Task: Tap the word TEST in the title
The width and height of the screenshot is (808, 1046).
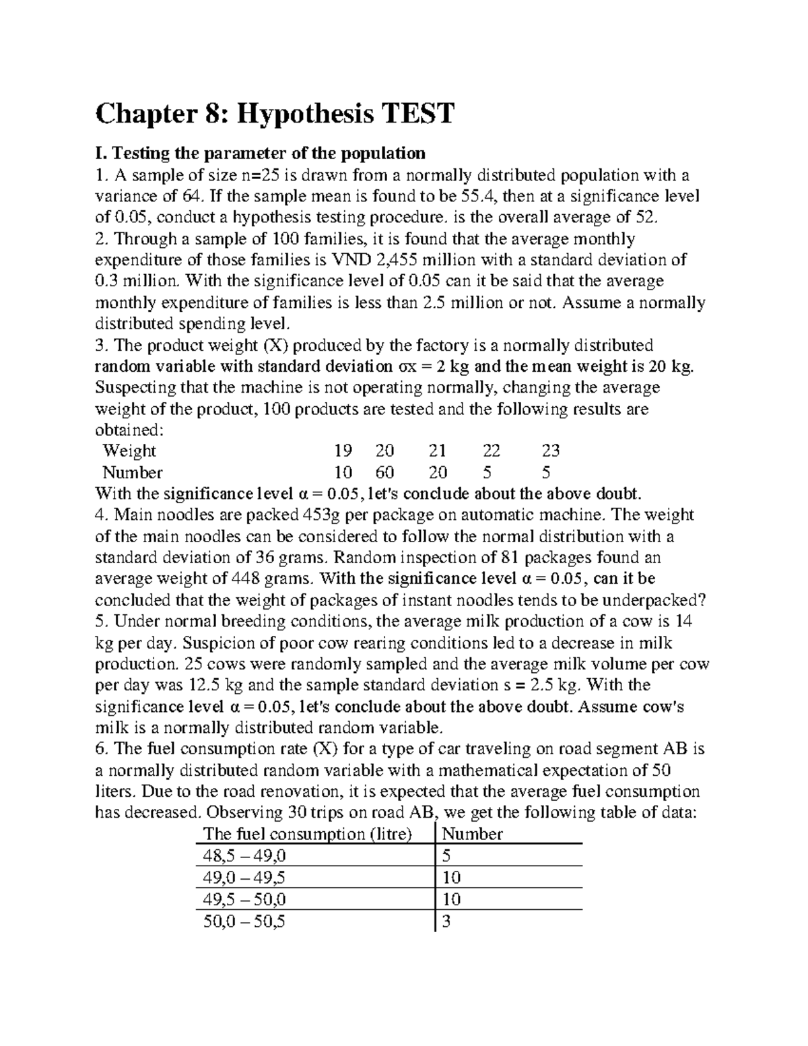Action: pyautogui.click(x=417, y=114)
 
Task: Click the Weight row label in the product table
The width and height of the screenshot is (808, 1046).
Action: pyautogui.click(x=129, y=451)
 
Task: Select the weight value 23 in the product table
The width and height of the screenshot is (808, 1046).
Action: pyautogui.click(x=550, y=451)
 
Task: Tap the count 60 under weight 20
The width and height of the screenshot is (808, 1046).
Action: pyautogui.click(x=384, y=472)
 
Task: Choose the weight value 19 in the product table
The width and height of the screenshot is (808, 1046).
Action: pyautogui.click(x=343, y=451)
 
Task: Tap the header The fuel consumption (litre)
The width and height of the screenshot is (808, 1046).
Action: pyautogui.click(x=307, y=834)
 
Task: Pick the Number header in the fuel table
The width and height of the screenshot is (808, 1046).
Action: pyautogui.click(x=472, y=834)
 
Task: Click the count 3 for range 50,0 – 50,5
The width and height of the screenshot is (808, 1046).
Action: pyautogui.click(x=446, y=921)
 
